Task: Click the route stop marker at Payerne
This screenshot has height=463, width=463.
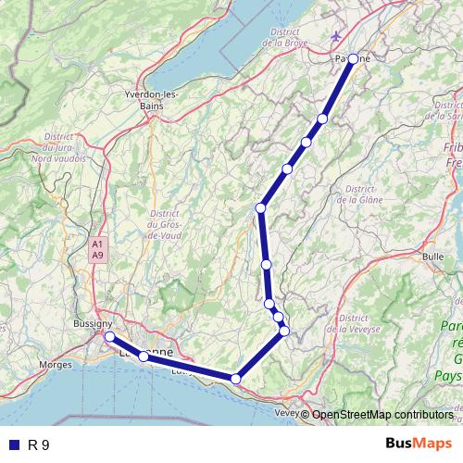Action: point(353,58)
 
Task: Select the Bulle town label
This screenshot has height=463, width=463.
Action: point(432,255)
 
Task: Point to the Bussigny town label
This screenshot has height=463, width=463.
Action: point(91,324)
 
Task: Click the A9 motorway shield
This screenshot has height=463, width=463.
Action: point(97,254)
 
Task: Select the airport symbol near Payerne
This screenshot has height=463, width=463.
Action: point(334,36)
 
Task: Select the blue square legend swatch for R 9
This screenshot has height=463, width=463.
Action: point(13,444)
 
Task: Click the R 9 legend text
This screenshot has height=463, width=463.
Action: point(39,444)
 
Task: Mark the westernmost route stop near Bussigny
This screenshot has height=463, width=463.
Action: point(109,336)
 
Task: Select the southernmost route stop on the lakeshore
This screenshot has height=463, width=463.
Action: point(236,378)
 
